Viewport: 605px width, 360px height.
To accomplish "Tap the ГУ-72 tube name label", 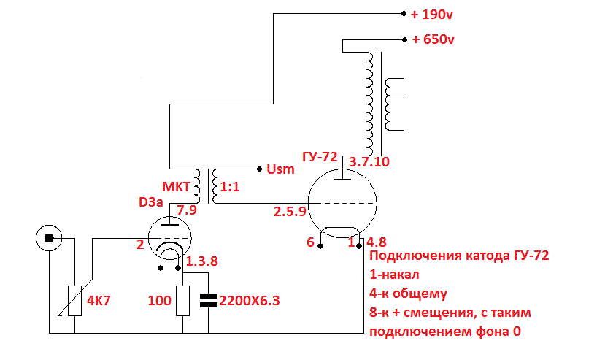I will pyautogui.click(x=319, y=157).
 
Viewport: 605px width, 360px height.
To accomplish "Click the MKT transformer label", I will pyautogui.click(x=174, y=187).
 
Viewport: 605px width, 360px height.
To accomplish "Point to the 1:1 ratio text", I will pyautogui.click(x=230, y=187).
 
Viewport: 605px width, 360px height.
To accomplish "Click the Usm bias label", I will pyautogui.click(x=281, y=169).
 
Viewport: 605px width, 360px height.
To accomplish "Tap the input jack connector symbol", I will pyautogui.click(x=49, y=238).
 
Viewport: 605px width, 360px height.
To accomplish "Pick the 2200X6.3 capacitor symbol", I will pyautogui.click(x=209, y=300).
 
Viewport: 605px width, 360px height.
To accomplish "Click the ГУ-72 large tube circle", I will pyautogui.click(x=342, y=202).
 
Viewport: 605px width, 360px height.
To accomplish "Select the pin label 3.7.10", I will pyautogui.click(x=370, y=161).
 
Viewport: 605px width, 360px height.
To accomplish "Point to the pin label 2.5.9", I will pyautogui.click(x=289, y=212).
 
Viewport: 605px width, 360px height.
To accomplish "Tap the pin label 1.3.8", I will pyautogui.click(x=201, y=261).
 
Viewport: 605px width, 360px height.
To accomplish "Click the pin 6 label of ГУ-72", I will pyautogui.click(x=310, y=242).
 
